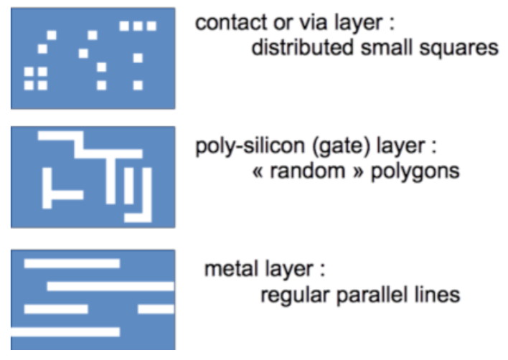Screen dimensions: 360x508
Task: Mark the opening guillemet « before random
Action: coord(259,174)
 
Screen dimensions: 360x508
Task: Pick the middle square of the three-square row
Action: coord(138,26)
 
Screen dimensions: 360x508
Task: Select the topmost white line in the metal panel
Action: coord(72,264)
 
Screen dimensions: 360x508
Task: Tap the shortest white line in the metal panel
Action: coord(156,309)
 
